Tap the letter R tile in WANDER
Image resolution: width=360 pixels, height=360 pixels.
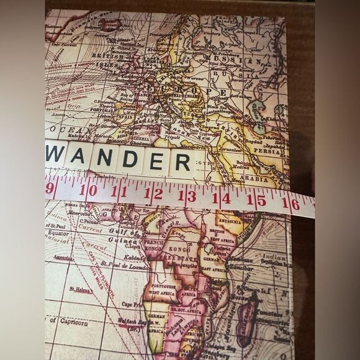tap(182, 162)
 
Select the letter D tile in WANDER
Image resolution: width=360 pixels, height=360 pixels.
tap(131, 159)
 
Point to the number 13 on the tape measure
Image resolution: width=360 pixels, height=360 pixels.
tap(187, 196)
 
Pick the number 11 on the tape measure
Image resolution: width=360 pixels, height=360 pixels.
tap(119, 192)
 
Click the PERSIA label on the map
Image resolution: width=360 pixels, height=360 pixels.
tap(268, 150)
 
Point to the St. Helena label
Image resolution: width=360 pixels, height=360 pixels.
tap(81, 289)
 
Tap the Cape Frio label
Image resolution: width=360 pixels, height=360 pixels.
tap(131, 304)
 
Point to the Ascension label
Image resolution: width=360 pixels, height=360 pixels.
tap(64, 257)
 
